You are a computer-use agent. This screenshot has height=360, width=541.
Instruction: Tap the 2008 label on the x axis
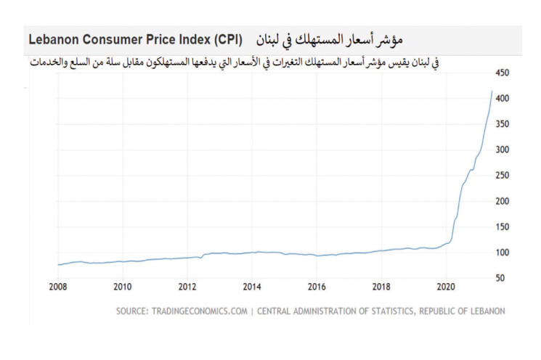tap(58, 286)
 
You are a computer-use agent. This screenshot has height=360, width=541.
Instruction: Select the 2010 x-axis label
tap(123, 286)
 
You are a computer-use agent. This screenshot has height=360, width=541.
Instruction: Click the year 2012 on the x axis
tap(187, 286)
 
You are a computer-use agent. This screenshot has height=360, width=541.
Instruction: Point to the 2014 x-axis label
tap(252, 286)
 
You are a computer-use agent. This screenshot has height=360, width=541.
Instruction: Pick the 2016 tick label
tap(317, 286)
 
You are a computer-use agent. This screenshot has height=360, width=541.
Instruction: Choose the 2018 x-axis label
tap(381, 286)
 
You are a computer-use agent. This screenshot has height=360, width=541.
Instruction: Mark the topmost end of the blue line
tap(492, 91)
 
